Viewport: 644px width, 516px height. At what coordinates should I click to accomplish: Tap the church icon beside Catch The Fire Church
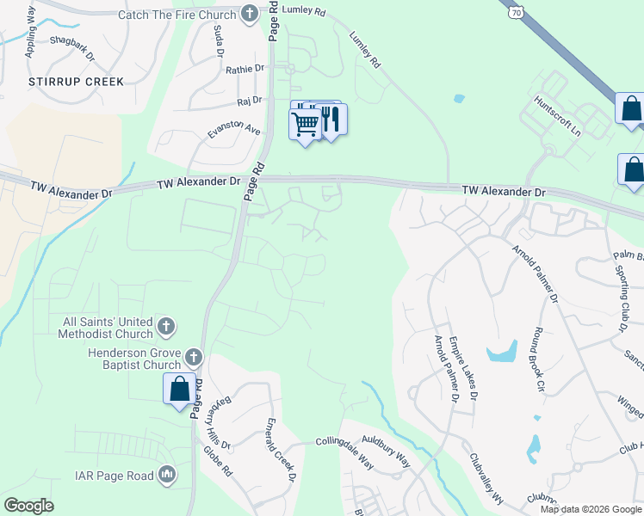pos(249,14)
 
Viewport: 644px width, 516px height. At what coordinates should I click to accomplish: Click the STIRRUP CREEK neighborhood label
pos(76,82)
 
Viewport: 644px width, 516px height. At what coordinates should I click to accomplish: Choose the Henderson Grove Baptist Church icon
pos(194,356)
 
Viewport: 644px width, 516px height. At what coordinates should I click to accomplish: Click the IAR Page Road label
pos(114,475)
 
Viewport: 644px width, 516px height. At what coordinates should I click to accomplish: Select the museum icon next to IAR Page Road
pos(167,475)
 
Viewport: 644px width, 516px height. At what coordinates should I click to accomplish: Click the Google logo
pos(28,506)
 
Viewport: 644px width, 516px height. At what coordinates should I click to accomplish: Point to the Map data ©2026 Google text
pos(590,509)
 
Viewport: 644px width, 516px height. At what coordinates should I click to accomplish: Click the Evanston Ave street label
pos(233,130)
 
